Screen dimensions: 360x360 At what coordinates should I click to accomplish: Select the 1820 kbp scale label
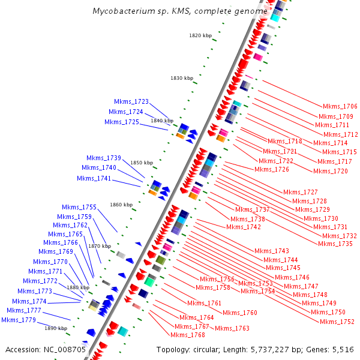[200, 35]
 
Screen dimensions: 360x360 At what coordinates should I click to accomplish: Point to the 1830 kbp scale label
[182, 78]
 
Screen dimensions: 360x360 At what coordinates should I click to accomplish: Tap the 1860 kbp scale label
[121, 205]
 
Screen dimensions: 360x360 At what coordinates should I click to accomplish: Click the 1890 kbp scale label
[56, 328]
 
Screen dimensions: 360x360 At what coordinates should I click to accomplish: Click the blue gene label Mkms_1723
[131, 101]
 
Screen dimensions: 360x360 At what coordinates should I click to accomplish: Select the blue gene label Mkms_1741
[94, 178]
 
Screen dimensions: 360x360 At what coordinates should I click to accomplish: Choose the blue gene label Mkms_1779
[19, 320]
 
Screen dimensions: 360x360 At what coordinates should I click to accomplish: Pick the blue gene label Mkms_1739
[104, 158]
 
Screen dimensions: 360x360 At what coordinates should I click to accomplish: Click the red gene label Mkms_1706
[340, 106]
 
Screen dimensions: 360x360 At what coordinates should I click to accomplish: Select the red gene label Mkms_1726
[272, 169]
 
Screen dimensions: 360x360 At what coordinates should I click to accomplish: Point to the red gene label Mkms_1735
[335, 244]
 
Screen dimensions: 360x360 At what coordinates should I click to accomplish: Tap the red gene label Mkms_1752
[337, 322]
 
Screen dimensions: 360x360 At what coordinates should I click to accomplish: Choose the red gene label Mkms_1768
[190, 335]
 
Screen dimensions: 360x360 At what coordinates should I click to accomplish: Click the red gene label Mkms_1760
[240, 313]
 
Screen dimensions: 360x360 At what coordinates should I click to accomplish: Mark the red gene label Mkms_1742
[244, 227]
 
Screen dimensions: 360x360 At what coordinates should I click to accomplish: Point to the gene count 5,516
[342, 349]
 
